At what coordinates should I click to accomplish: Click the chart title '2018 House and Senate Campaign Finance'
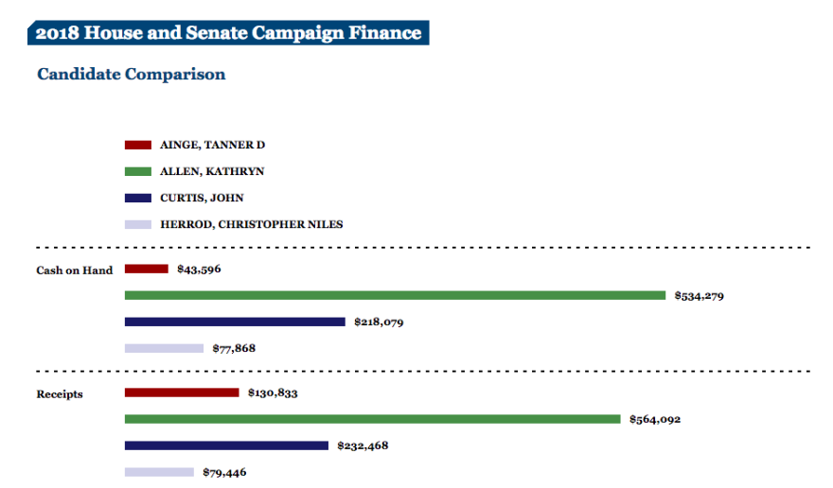click(x=228, y=33)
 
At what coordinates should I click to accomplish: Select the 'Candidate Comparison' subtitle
click(x=131, y=74)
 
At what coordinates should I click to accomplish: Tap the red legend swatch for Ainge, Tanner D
click(x=138, y=145)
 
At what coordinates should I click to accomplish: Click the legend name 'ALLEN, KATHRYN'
click(x=212, y=171)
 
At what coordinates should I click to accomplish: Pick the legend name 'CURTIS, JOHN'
click(x=202, y=198)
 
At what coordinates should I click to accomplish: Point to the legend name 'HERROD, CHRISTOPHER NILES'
click(x=251, y=224)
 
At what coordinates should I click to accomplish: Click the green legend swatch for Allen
click(x=138, y=171)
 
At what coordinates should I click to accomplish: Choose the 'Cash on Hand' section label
click(x=74, y=270)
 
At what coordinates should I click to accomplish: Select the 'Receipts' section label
click(x=60, y=393)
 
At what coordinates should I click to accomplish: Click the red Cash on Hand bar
click(x=147, y=269)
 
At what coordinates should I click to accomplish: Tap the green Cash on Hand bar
click(x=395, y=295)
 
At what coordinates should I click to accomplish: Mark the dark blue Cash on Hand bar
click(x=235, y=322)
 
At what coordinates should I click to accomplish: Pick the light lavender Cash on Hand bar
click(x=164, y=348)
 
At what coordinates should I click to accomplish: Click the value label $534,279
click(x=700, y=296)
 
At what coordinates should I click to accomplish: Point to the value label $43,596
click(x=199, y=269)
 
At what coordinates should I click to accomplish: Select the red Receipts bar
click(x=182, y=392)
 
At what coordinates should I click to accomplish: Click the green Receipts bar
click(x=372, y=419)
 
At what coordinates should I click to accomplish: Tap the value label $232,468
click(x=363, y=445)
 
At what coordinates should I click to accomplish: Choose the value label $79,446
click(x=224, y=472)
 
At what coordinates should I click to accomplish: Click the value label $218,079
click(x=379, y=322)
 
